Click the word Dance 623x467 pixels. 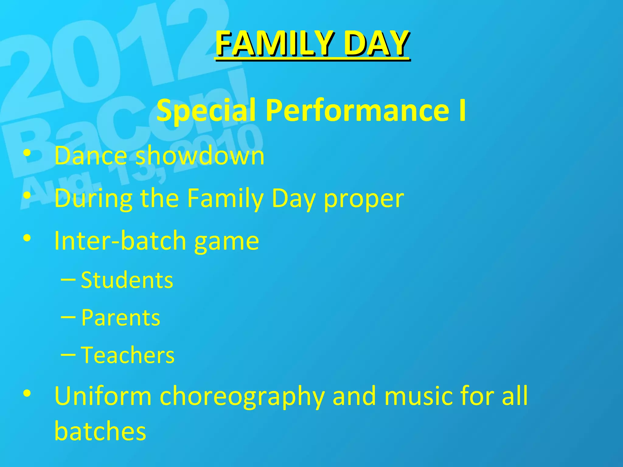90,155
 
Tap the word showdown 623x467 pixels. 200,155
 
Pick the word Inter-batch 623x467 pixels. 120,240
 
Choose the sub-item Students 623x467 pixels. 127,280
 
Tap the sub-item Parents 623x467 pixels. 120,318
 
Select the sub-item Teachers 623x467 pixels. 128,355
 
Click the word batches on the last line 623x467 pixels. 100,431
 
